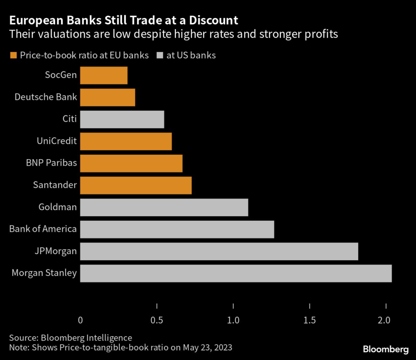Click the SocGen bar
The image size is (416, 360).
click(x=104, y=75)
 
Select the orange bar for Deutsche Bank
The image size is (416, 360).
click(x=108, y=97)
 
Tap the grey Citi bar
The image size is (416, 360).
click(x=122, y=119)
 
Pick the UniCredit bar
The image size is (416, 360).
click(x=126, y=141)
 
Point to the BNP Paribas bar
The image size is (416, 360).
click(x=131, y=163)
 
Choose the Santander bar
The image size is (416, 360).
click(x=136, y=185)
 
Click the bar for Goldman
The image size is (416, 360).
click(x=164, y=207)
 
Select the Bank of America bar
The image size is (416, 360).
click(x=177, y=229)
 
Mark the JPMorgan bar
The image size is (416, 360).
click(x=219, y=251)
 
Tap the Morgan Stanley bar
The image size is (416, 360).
click(x=236, y=273)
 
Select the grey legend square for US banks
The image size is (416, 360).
click(x=160, y=56)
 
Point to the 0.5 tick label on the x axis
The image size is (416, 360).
click(x=157, y=320)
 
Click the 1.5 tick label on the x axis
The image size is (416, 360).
click(x=310, y=320)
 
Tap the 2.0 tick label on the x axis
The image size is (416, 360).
click(x=385, y=320)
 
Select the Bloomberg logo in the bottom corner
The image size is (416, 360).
click(x=386, y=349)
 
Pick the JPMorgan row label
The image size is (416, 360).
click(x=56, y=251)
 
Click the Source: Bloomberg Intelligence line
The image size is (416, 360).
click(x=71, y=337)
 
